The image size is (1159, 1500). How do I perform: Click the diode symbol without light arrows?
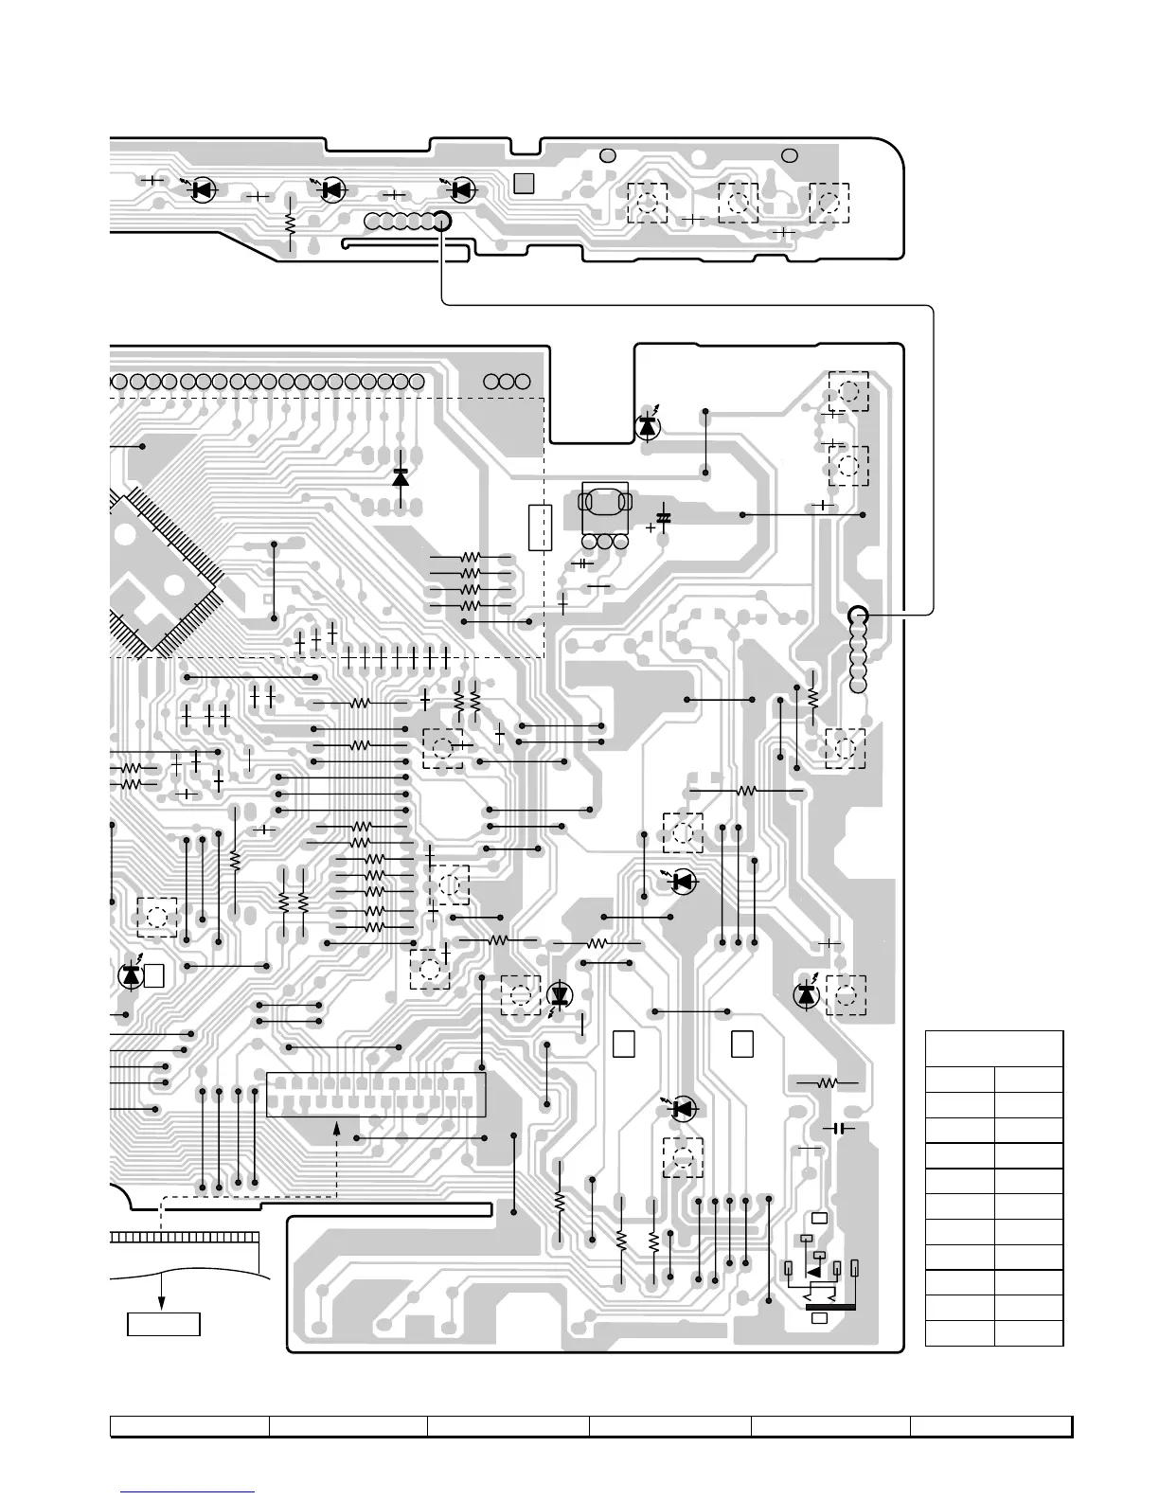click(x=400, y=476)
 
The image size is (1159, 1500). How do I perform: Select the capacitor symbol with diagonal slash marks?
click(x=663, y=518)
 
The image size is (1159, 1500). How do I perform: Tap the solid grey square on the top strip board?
click(x=524, y=184)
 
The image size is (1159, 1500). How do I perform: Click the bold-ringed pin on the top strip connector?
click(x=441, y=221)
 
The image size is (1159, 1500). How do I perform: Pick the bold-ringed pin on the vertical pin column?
click(x=858, y=615)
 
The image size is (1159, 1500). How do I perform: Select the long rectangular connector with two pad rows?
click(x=376, y=1094)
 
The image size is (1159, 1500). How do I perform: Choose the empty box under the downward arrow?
click(x=164, y=1323)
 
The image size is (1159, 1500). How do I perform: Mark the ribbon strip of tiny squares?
click(x=185, y=1238)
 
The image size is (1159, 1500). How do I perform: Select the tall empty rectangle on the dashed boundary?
click(x=539, y=527)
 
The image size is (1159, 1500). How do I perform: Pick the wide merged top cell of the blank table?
click(x=994, y=1048)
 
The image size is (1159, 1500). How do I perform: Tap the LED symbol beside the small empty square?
click(x=131, y=974)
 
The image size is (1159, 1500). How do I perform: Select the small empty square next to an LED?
click(x=155, y=974)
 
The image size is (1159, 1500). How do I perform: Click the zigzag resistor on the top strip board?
click(x=290, y=223)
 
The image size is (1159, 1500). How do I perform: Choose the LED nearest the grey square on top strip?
click(x=462, y=189)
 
